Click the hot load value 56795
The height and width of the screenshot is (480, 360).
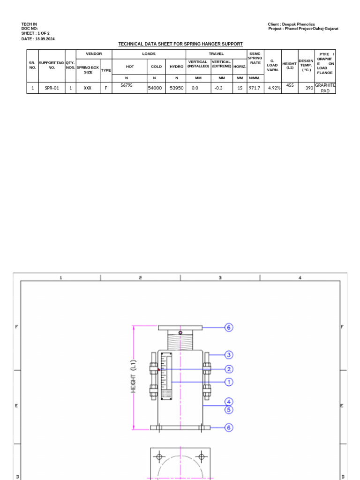pyautogui.click(x=127, y=85)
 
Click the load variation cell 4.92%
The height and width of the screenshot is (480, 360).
pyautogui.click(x=274, y=88)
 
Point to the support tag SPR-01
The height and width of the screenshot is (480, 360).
pyautogui.click(x=52, y=88)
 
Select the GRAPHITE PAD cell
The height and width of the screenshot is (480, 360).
pyautogui.click(x=325, y=88)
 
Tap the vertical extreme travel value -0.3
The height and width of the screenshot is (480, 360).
pyautogui.click(x=218, y=88)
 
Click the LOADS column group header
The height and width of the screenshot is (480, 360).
pyautogui.click(x=149, y=54)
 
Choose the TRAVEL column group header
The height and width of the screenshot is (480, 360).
pyautogui.click(x=216, y=54)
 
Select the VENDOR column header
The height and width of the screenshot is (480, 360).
pyautogui.click(x=94, y=54)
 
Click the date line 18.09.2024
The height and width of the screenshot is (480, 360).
pyautogui.click(x=38, y=39)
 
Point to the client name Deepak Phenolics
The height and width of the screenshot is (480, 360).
pyautogui.click(x=292, y=24)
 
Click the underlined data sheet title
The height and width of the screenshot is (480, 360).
pyautogui.click(x=180, y=44)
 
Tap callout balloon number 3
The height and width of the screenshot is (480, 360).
pyautogui.click(x=229, y=355)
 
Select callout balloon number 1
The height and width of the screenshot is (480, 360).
pyautogui.click(x=229, y=382)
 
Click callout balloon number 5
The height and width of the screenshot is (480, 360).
pyautogui.click(x=229, y=410)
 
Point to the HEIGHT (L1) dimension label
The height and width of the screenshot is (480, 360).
pyautogui.click(x=133, y=376)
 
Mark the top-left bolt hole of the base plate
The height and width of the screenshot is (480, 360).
pyautogui.click(x=159, y=457)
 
